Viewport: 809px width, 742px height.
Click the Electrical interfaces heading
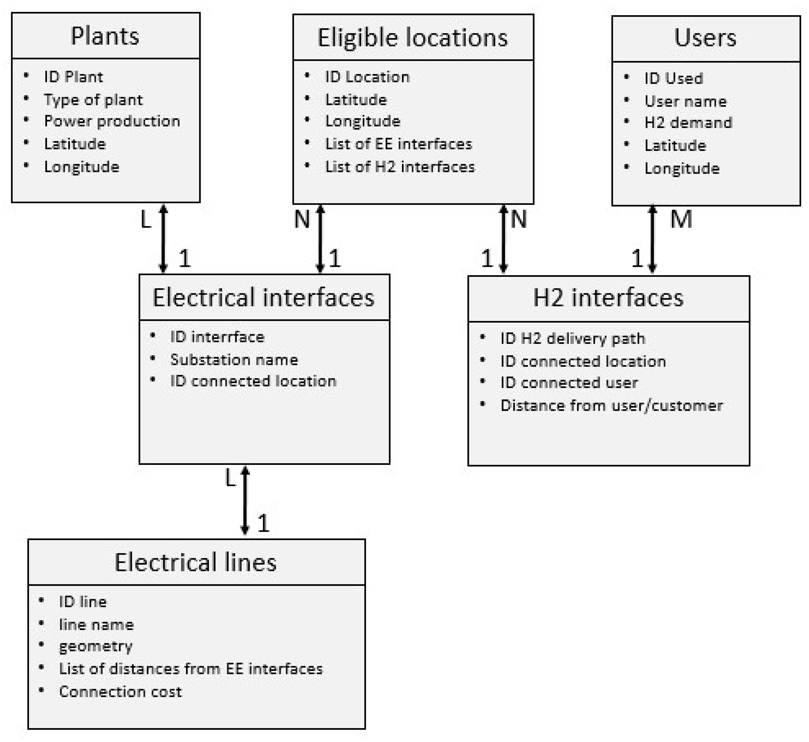pos(264,298)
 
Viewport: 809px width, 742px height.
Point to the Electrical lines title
pos(196,562)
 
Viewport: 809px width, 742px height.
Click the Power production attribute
pos(112,121)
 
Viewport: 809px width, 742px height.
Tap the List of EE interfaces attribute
pos(398,144)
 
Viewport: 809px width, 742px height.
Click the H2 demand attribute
pos(688,122)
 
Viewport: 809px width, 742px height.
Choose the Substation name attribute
pos(234,359)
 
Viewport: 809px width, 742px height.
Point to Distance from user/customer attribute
pos(611,406)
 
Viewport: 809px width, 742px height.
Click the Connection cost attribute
pos(120,691)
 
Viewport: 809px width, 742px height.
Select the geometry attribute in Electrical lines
pos(96,646)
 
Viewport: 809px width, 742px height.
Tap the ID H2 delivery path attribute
pos(573,339)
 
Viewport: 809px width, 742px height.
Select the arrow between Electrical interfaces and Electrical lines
pos(245,500)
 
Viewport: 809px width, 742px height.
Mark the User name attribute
pos(685,101)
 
